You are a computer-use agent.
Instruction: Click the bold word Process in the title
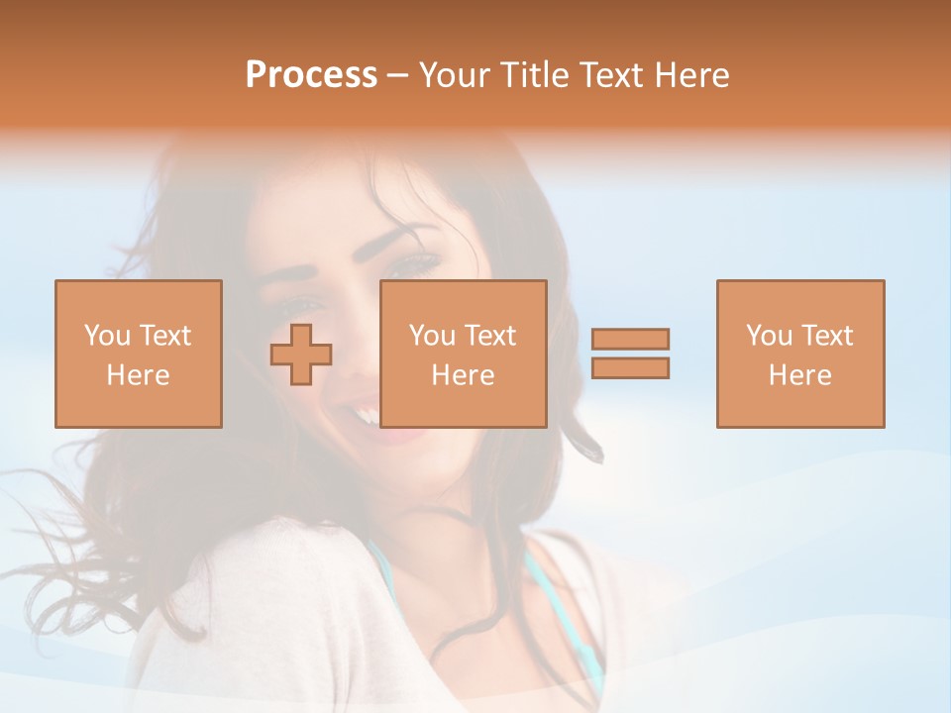point(311,74)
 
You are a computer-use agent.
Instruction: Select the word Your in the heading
point(457,74)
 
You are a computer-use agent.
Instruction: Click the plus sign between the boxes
point(301,354)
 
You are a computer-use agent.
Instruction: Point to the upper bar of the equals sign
point(630,339)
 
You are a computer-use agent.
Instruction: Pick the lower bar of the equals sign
point(630,367)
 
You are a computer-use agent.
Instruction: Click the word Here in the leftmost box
point(138,375)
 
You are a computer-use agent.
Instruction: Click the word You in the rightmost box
point(769,336)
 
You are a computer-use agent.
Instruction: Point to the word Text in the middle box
point(489,336)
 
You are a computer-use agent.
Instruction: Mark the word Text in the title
point(610,74)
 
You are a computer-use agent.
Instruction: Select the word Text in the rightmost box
point(826,336)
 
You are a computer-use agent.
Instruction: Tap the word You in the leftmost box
point(107,336)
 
